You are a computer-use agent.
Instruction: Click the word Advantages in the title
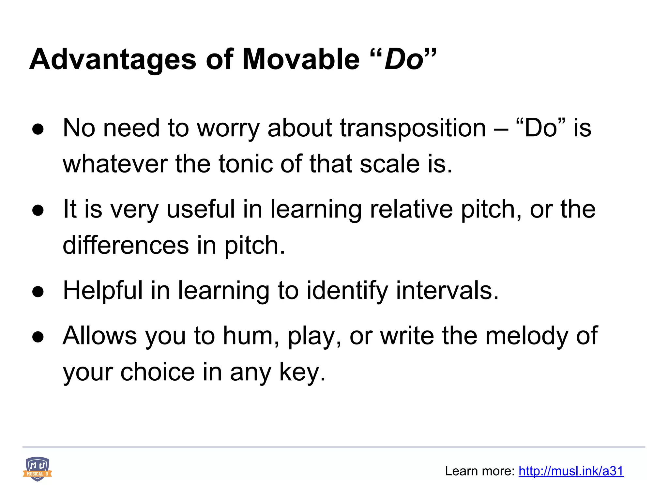(113, 60)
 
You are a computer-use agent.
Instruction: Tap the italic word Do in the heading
(403, 60)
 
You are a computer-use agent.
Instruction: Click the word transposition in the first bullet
(413, 128)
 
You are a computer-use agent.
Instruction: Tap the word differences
(126, 245)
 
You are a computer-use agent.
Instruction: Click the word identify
(347, 291)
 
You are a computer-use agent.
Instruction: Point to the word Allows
(100, 336)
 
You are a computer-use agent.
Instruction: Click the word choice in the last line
(158, 372)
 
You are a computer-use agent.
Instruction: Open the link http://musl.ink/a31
(571, 471)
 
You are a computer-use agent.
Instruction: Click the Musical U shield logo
(38, 469)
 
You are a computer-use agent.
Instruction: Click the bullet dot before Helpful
(38, 292)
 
